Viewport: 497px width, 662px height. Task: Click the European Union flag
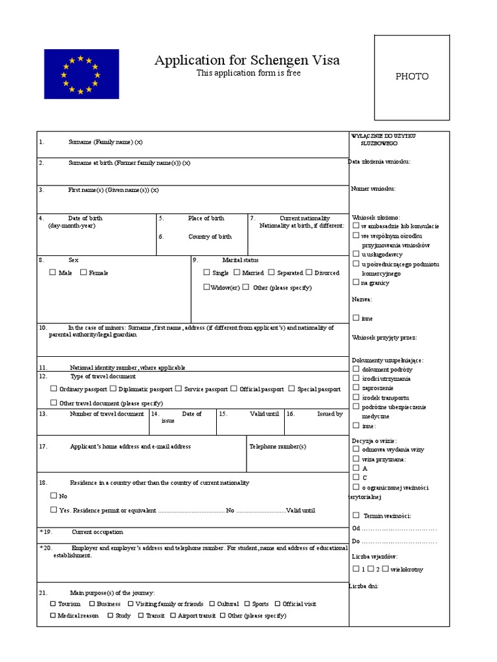tap(82, 74)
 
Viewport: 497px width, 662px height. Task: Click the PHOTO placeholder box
tap(412, 78)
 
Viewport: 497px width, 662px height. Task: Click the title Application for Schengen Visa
tap(247, 60)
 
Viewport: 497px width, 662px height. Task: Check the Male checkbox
tap(53, 272)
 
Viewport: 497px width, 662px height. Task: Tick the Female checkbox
tap(83, 272)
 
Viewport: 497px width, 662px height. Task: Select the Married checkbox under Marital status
tap(237, 272)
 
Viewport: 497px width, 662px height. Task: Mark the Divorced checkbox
tap(309, 272)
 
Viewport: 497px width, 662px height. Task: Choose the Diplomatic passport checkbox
tap(113, 389)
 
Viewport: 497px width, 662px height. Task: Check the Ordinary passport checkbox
tap(53, 389)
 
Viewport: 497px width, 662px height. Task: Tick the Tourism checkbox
tap(53, 603)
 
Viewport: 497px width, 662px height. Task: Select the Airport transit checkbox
tap(173, 615)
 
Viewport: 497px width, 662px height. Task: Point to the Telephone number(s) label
tap(278, 446)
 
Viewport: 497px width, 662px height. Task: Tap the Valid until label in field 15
tap(264, 414)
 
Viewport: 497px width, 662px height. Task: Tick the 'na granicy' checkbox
tap(356, 282)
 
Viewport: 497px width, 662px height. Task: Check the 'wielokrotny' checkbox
tap(385, 568)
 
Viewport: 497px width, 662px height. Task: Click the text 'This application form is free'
tap(248, 73)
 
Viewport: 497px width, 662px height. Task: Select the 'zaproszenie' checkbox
tap(356, 388)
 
